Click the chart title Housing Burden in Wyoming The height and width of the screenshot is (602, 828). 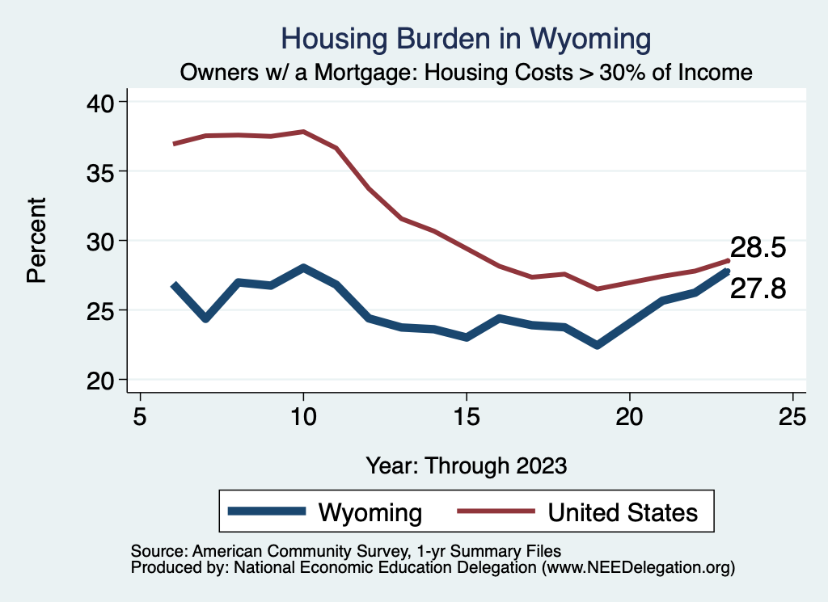coord(465,39)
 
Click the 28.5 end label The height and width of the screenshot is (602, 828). coord(758,247)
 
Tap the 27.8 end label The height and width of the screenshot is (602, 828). coord(758,289)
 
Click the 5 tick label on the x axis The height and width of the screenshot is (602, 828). coord(141,417)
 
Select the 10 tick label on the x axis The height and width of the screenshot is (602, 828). coord(303,417)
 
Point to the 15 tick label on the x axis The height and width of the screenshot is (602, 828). coord(467,417)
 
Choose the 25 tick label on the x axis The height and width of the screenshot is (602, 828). coord(792,417)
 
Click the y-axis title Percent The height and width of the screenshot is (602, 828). coord(36,240)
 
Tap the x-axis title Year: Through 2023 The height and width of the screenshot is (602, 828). coord(467,465)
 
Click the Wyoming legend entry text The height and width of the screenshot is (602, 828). coord(370,512)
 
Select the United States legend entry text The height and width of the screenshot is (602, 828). coord(623,512)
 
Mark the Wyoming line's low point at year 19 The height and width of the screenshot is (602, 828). coord(597,345)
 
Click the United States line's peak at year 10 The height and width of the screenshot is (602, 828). coord(303,131)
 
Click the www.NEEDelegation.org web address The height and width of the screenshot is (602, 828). coord(638,568)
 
